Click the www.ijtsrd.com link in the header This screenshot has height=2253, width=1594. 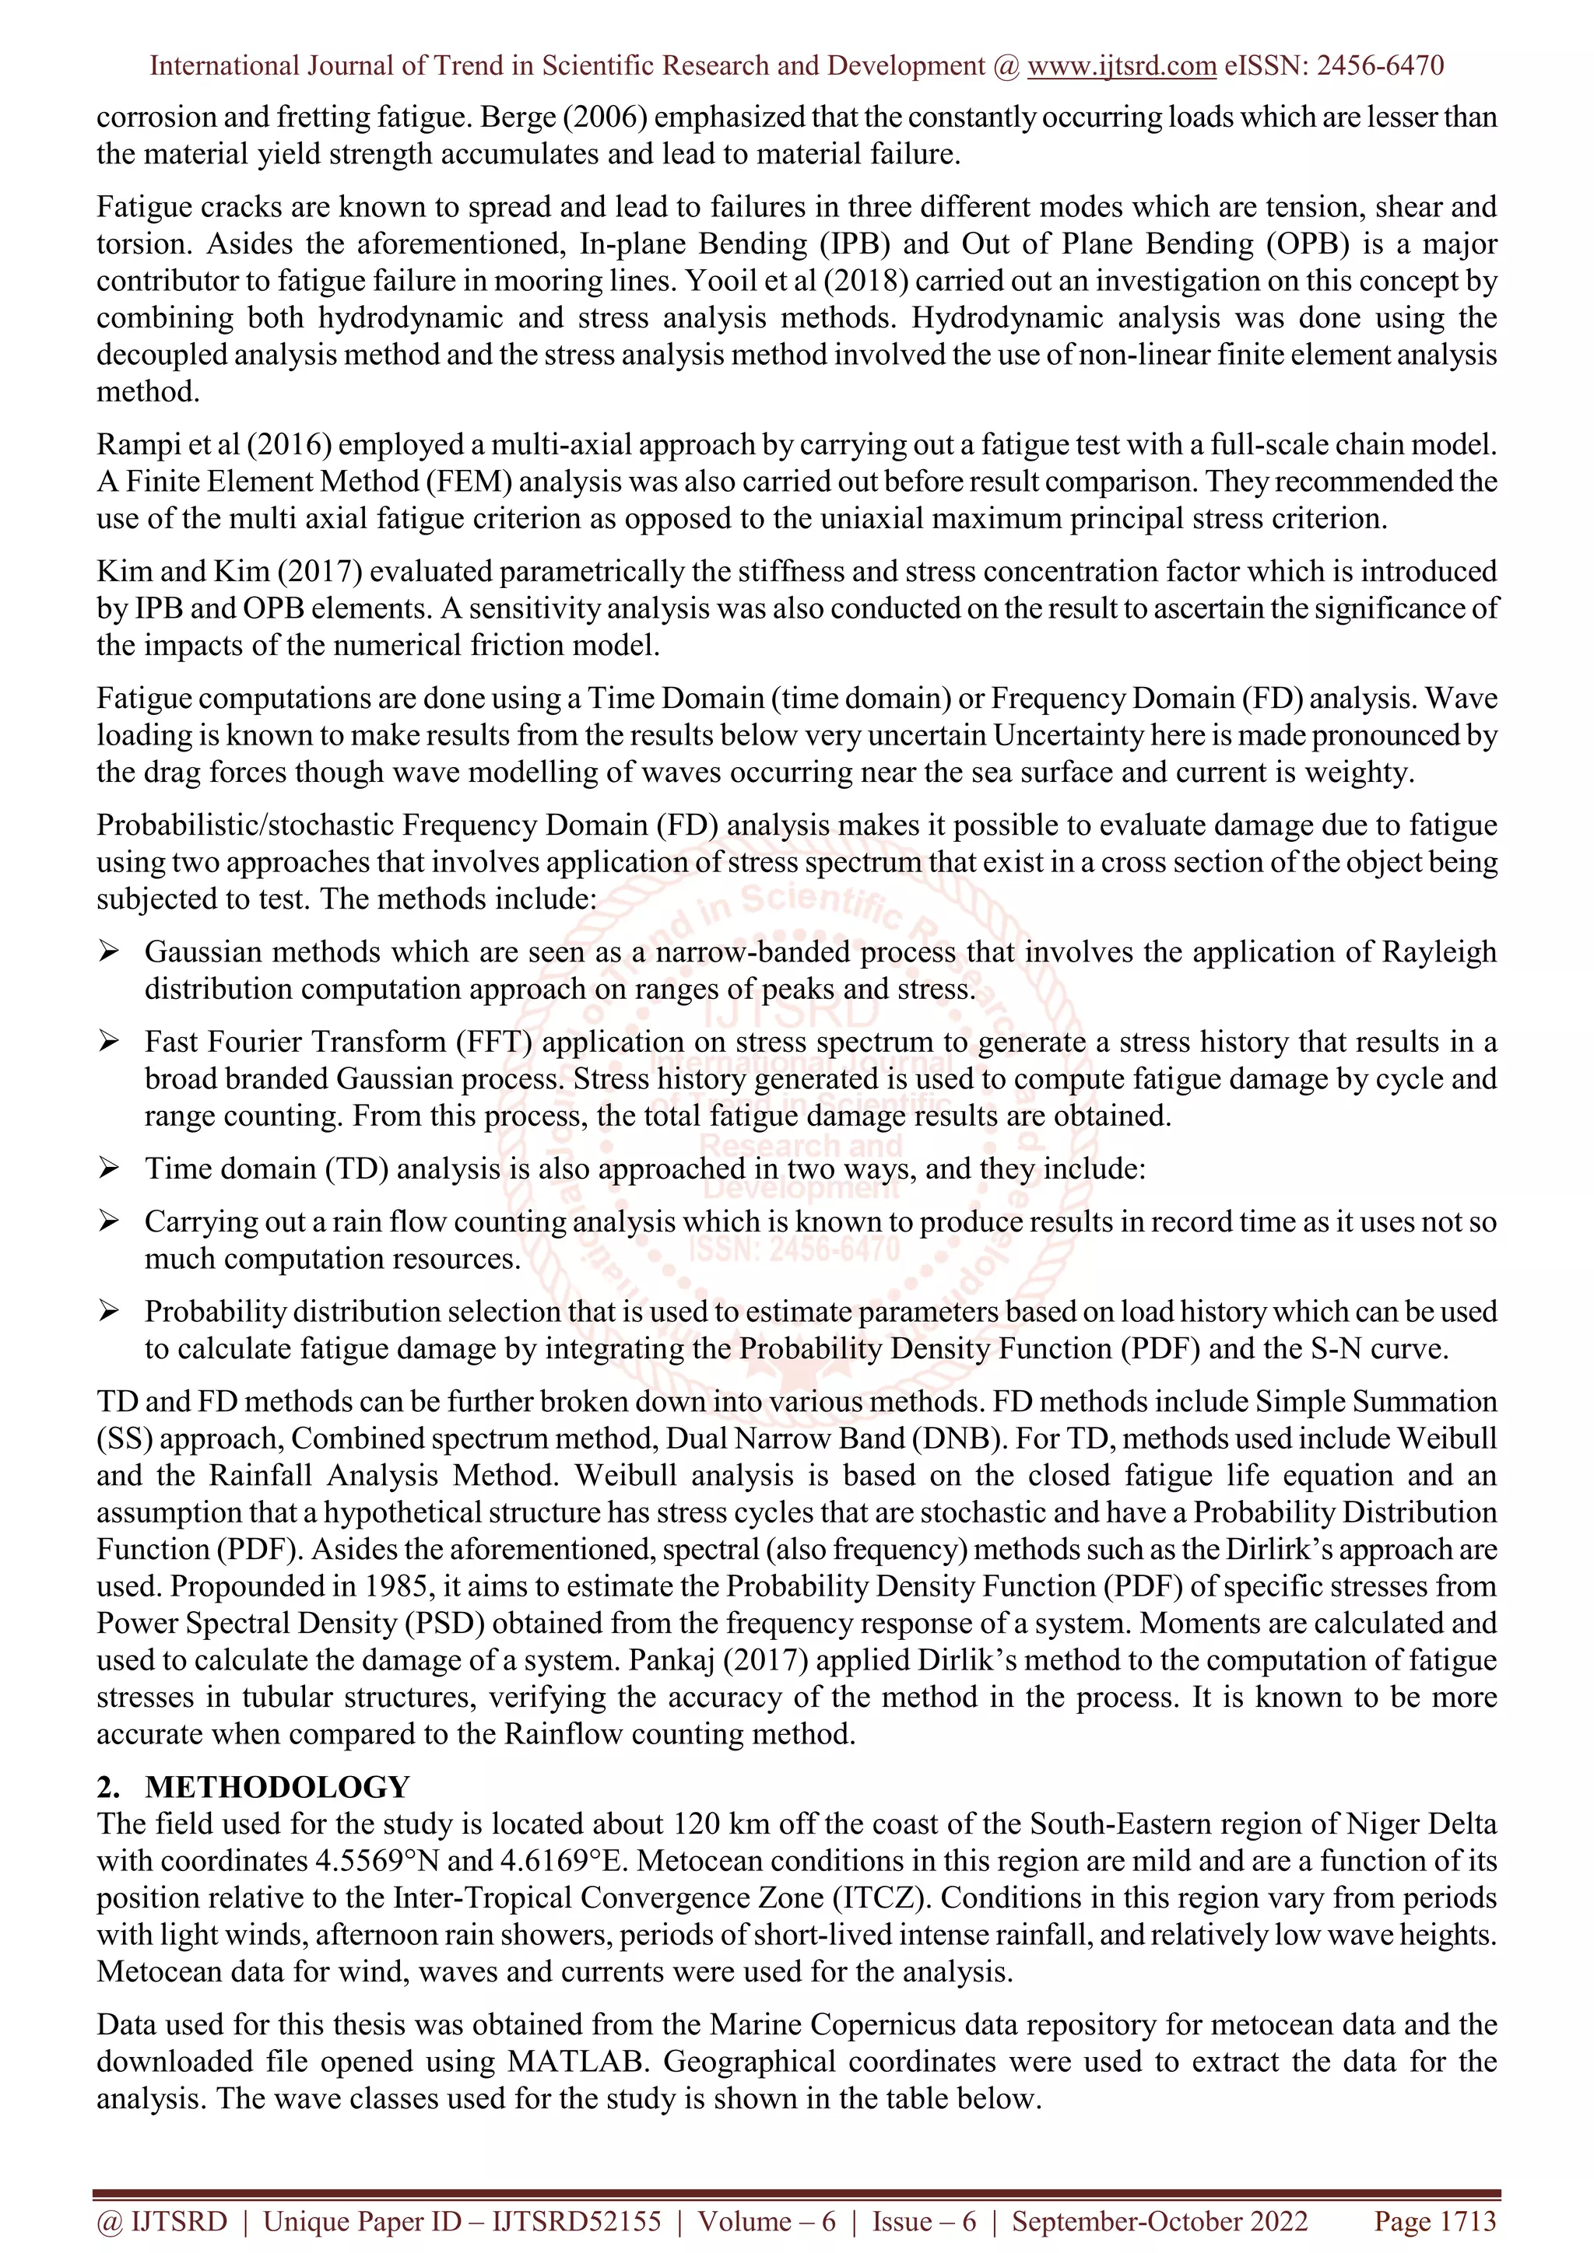pos(1122,66)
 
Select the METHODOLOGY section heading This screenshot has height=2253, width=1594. pos(278,1787)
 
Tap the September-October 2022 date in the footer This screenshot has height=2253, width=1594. pos(1159,2222)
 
